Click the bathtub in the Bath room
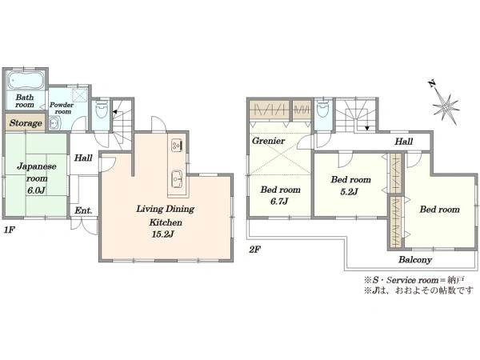[26, 80]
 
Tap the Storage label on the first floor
[26, 123]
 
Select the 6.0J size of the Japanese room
[36, 190]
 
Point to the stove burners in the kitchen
[177, 145]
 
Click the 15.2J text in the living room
[162, 234]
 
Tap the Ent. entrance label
[83, 210]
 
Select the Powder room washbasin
[55, 124]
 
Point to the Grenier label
[268, 141]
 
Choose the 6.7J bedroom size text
[279, 202]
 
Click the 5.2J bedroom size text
[349, 192]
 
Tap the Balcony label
[415, 260]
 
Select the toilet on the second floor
[322, 110]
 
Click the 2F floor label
[254, 250]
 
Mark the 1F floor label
[9, 230]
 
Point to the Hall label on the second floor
[403, 142]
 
